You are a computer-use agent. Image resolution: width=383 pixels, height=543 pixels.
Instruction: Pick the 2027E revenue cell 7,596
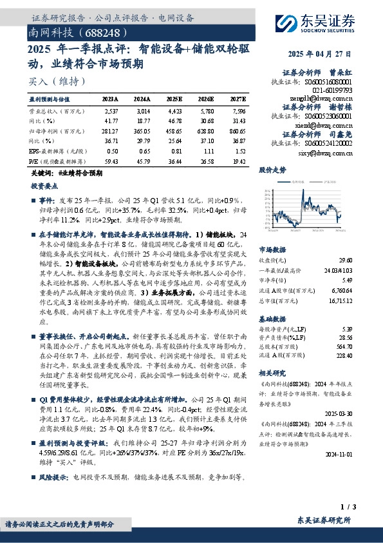point(237,112)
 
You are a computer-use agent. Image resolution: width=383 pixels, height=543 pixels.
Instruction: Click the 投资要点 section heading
point(44,185)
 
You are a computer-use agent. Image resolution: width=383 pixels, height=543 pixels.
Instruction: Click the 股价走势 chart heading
point(272,170)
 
